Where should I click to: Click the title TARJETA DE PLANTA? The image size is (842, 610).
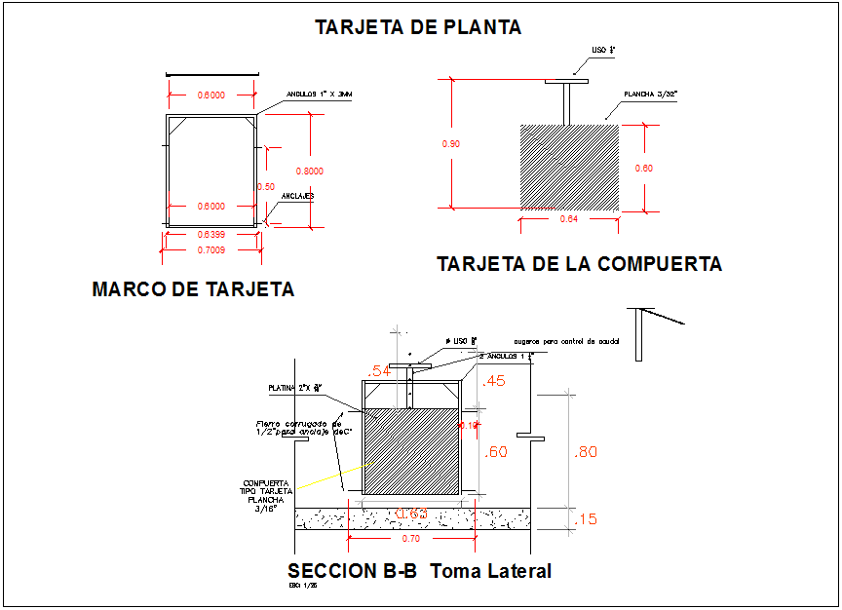pos(418,27)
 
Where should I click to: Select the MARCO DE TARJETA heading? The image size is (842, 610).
pos(193,289)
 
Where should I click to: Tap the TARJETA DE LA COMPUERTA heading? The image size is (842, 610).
pos(579,264)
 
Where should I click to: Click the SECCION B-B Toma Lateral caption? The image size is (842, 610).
pos(419,571)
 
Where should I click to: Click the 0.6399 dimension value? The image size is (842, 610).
pos(211,236)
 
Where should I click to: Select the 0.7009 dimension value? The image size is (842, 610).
pos(211,250)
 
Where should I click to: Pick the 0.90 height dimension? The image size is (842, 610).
pos(451,144)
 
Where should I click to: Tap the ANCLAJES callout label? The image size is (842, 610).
pos(297,196)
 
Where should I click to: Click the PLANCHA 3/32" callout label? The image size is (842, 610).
pos(650,95)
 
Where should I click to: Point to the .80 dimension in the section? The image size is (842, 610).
pos(586,451)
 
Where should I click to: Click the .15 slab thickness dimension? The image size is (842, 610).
pos(586,519)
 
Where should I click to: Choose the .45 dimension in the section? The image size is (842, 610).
pos(494,381)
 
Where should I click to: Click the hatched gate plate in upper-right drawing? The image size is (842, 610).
pos(569,166)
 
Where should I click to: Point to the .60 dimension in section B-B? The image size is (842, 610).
pos(496,451)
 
